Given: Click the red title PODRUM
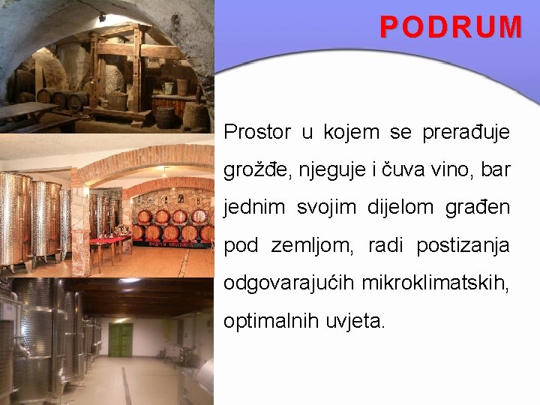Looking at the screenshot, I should click(x=451, y=27).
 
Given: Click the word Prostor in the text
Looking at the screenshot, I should click(x=257, y=133).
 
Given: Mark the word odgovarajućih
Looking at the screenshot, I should click(x=289, y=283).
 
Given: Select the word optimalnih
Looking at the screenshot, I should click(x=271, y=321).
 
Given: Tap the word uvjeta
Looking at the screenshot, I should click(x=355, y=321).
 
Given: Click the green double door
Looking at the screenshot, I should click(x=120, y=339).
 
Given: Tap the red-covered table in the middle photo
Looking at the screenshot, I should click(x=109, y=241).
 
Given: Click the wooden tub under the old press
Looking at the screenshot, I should click(x=117, y=100).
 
